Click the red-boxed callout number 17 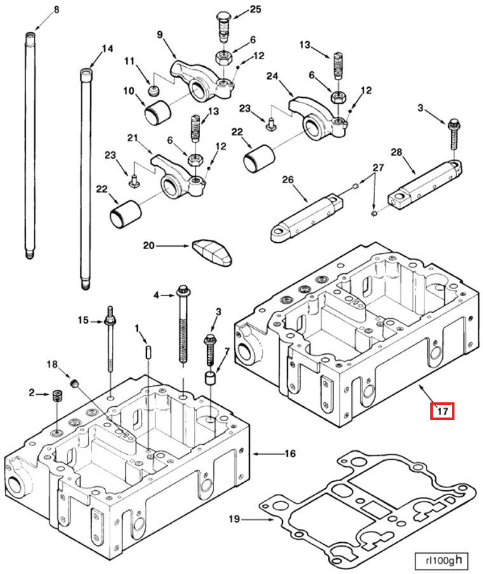tap(442, 412)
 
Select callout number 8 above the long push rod tap(56, 10)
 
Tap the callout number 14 tap(107, 48)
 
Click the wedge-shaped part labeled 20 tap(212, 252)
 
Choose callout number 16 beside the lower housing tap(290, 454)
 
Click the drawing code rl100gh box tap(438, 561)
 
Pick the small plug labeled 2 tap(58, 397)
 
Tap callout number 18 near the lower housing tap(53, 364)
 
